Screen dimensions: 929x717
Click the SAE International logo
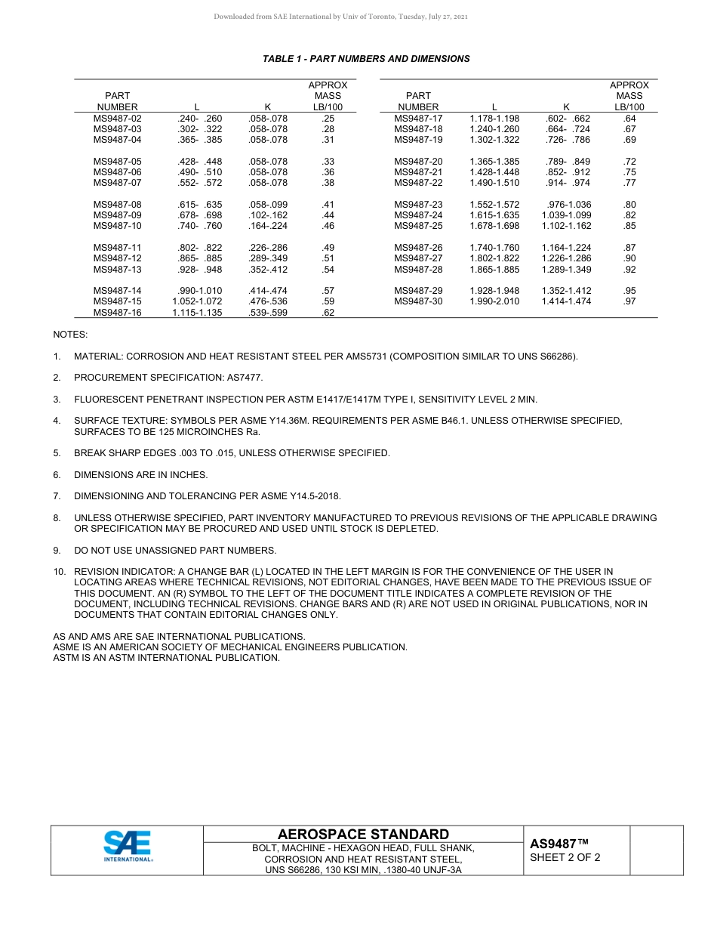click(x=128, y=846)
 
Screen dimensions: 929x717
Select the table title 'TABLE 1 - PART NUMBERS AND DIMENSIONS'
click(x=366, y=59)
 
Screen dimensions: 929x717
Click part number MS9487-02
click(x=117, y=119)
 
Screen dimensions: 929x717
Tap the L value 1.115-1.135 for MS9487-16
click(x=197, y=313)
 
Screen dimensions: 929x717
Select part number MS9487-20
click(x=418, y=162)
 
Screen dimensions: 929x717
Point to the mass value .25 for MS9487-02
click(x=328, y=119)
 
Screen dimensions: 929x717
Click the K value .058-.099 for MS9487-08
click(x=268, y=205)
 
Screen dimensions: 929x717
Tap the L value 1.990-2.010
click(x=494, y=301)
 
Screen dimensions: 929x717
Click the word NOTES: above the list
click(x=70, y=334)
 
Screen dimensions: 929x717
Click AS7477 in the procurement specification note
click(x=246, y=377)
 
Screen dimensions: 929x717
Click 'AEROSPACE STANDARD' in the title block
click(x=363, y=834)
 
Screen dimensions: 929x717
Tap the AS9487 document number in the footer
click(x=559, y=844)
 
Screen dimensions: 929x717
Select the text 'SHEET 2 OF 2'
click(x=565, y=857)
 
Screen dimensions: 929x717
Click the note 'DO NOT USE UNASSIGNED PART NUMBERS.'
click(x=175, y=550)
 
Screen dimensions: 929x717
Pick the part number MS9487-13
click(x=117, y=270)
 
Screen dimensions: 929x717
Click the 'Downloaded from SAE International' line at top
click(x=341, y=17)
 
